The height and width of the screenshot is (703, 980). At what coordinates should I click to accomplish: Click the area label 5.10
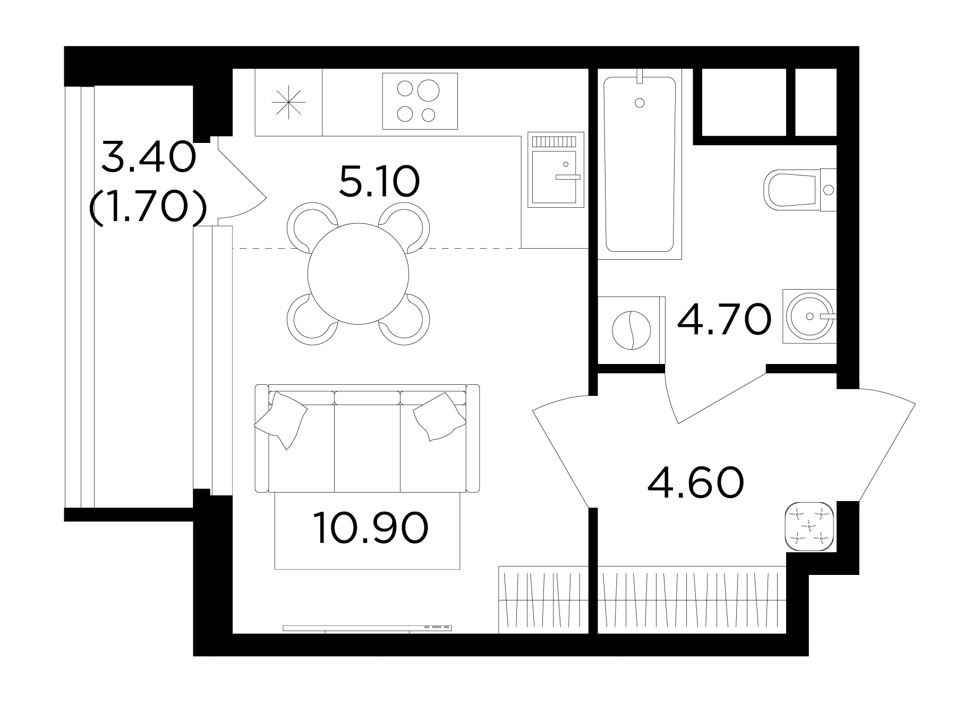click(379, 181)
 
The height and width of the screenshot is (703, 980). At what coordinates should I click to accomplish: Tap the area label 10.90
click(371, 528)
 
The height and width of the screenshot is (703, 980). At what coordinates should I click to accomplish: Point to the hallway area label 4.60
click(696, 482)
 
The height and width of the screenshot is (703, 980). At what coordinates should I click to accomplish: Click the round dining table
click(358, 274)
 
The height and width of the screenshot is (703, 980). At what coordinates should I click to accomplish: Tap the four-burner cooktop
click(420, 101)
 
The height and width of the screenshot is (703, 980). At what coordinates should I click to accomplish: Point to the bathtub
click(640, 165)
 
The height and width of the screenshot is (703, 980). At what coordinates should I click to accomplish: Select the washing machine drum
click(631, 330)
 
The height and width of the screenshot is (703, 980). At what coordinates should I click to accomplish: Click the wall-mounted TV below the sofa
click(367, 628)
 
